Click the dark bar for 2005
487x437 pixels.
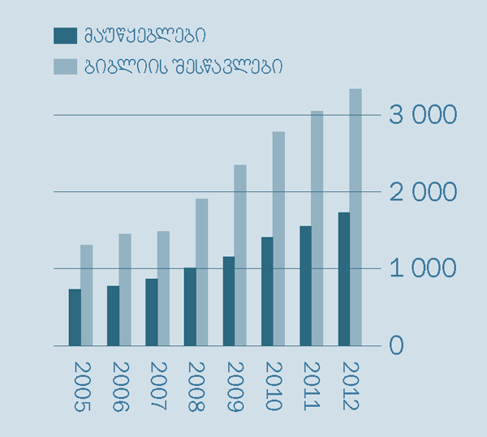(x=74, y=317)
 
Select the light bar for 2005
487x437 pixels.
(x=86, y=295)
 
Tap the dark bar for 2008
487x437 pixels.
(x=190, y=306)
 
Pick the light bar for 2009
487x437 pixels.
(x=240, y=255)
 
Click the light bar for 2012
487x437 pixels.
(x=356, y=217)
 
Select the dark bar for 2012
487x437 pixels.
(x=344, y=279)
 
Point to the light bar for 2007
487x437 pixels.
(x=163, y=288)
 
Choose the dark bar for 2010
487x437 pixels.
(x=267, y=291)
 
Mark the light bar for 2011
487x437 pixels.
(x=317, y=228)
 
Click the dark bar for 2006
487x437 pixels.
(x=113, y=315)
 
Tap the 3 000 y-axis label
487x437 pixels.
(x=423, y=115)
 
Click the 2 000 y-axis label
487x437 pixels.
(x=423, y=192)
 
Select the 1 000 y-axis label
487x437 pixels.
(x=423, y=268)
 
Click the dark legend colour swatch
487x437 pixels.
(x=65, y=36)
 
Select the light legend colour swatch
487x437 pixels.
(x=65, y=66)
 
